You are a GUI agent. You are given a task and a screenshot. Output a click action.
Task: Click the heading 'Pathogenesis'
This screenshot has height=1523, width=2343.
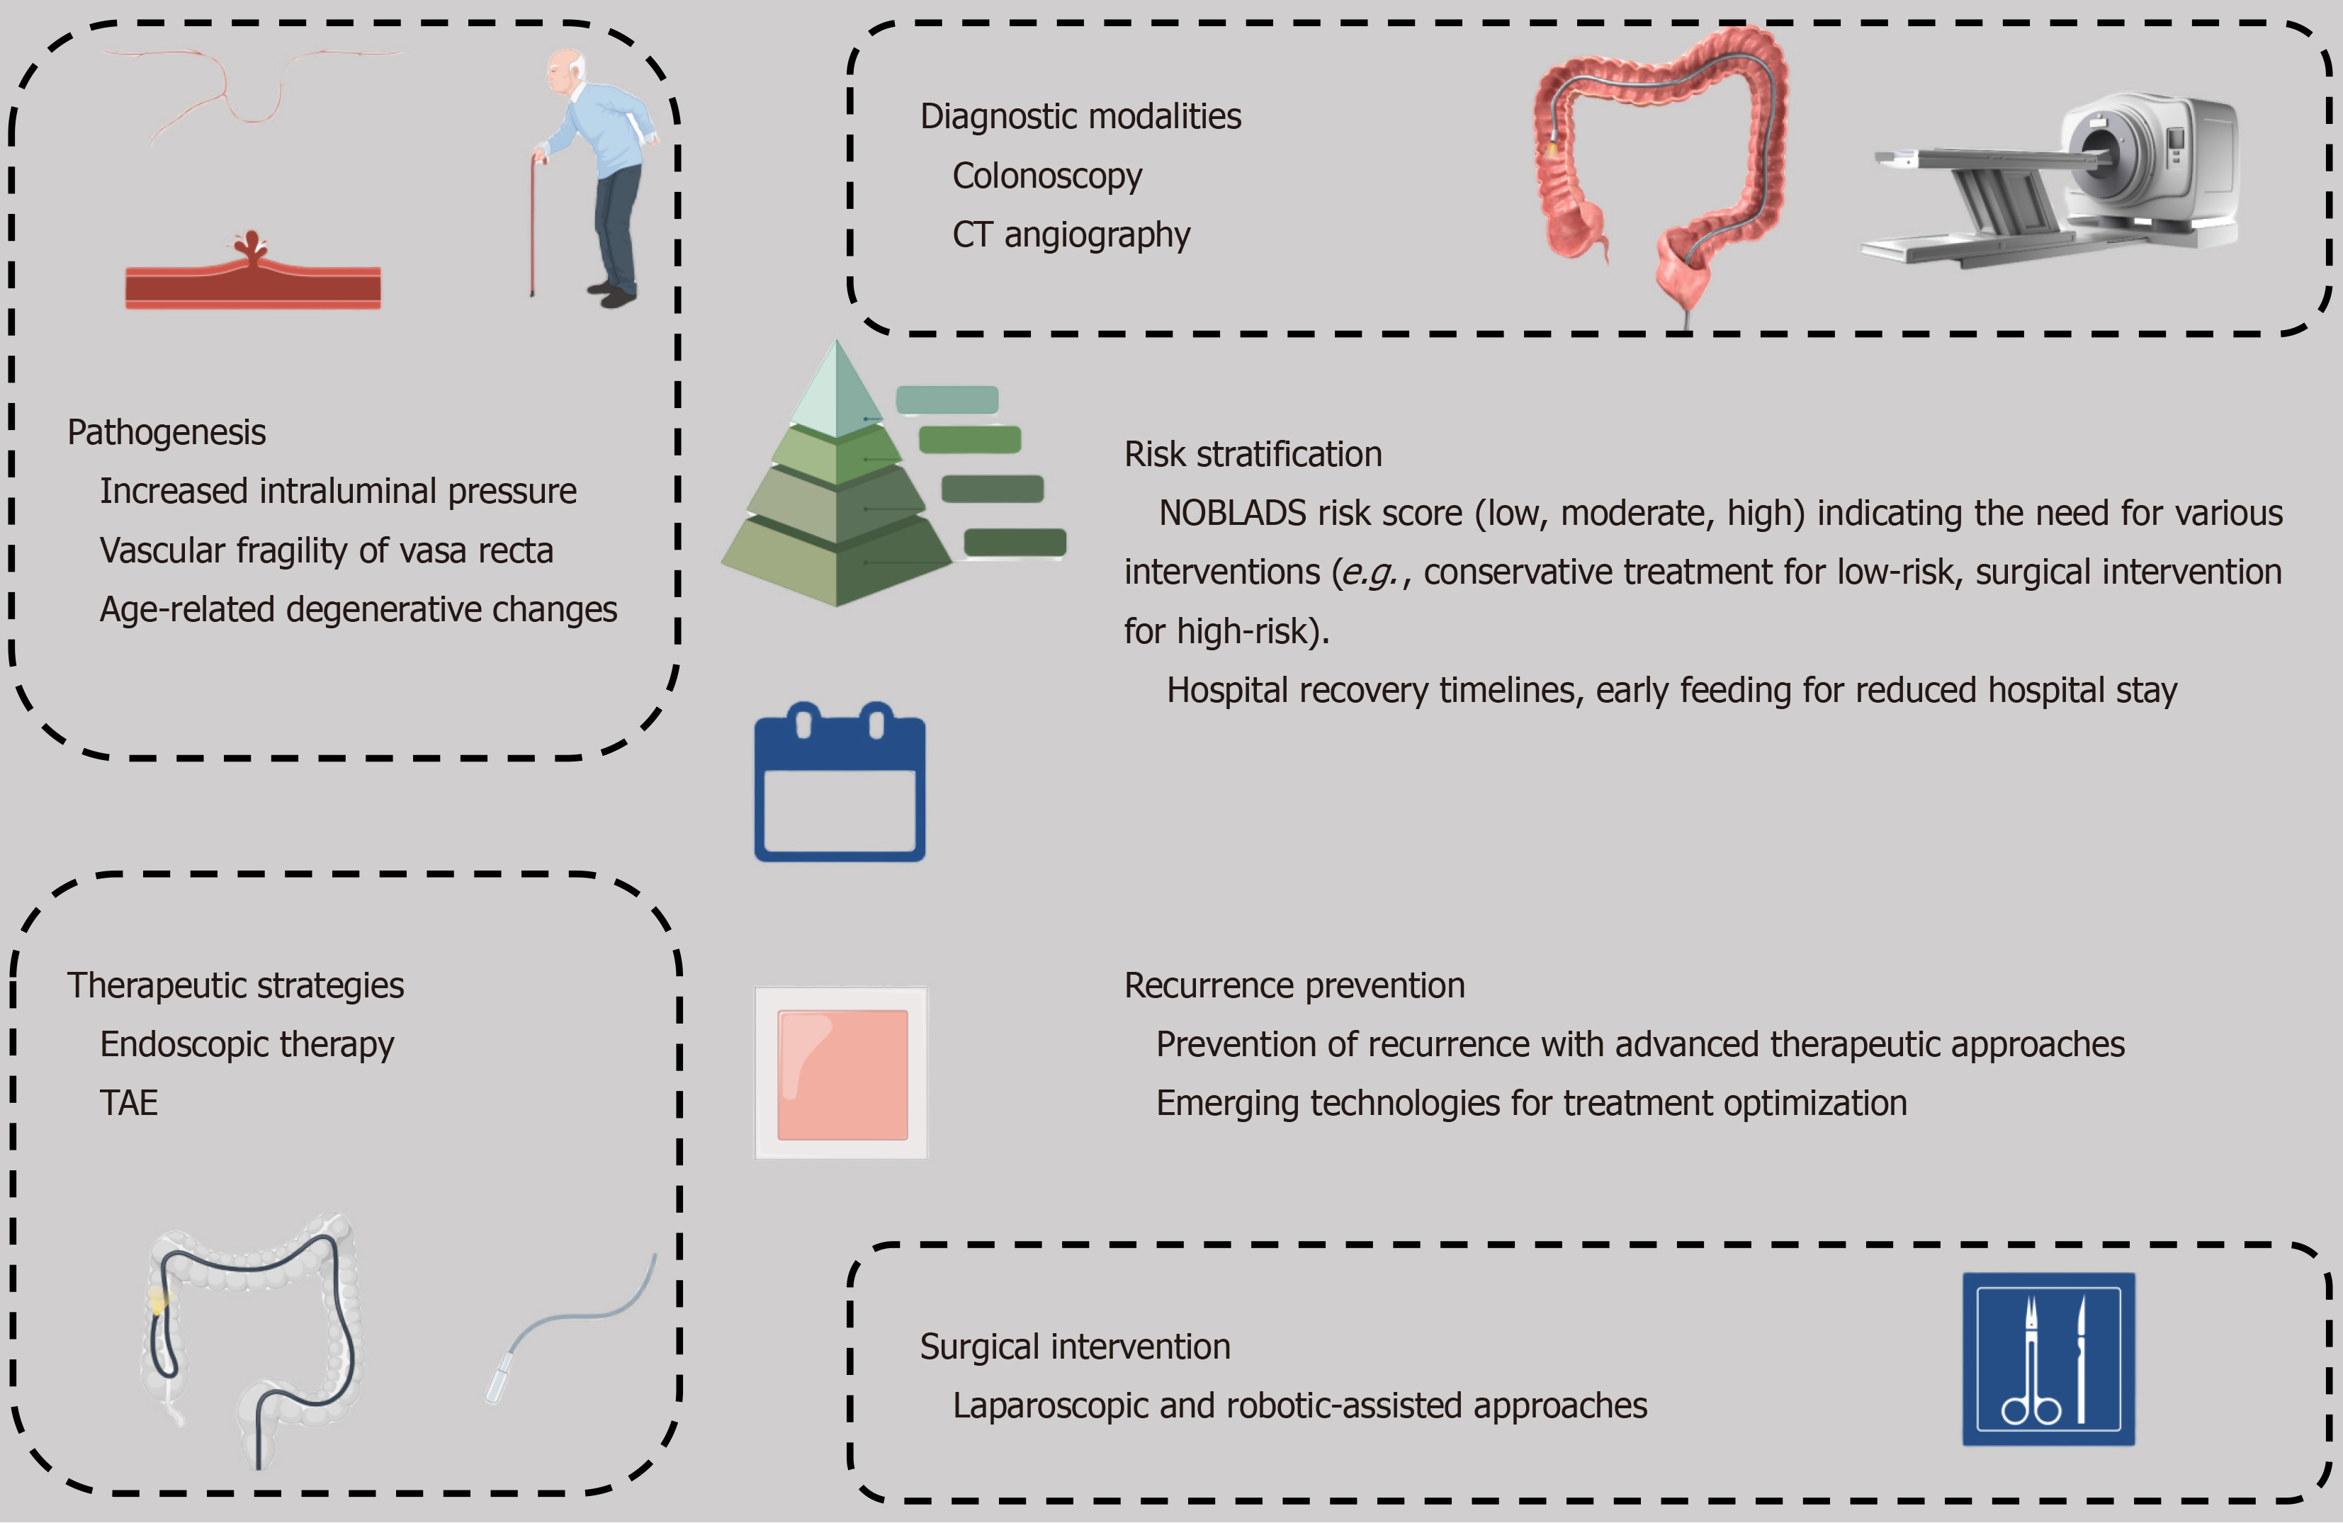tap(166, 432)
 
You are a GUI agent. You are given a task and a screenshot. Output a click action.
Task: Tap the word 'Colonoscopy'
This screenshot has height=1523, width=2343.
tap(1046, 176)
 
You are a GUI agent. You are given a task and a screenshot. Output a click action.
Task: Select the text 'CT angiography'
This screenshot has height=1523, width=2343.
tap(1071, 235)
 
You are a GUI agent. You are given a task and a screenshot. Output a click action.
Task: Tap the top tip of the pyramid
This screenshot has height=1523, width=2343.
tap(837, 346)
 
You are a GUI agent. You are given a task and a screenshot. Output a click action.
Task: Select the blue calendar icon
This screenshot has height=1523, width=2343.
tap(840, 783)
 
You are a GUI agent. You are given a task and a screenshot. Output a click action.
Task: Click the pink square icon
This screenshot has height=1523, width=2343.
tap(842, 1073)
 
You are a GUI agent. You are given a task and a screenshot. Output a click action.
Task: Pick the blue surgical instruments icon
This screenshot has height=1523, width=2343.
tap(2048, 1359)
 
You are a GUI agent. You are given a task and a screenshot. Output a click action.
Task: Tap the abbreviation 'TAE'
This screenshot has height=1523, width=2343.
tap(129, 1103)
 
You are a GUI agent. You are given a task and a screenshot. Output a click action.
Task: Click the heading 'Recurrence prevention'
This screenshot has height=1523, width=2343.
tap(1294, 985)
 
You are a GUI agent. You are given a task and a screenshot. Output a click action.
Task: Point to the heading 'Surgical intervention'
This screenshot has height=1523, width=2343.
tap(1075, 1347)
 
